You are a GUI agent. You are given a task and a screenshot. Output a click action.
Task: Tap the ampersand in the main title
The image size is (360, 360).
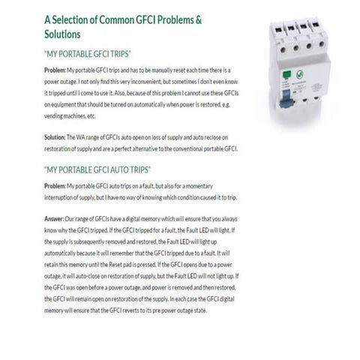pyautogui.click(x=203, y=20)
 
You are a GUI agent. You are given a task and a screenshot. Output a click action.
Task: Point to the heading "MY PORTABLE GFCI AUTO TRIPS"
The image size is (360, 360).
pyautogui.click(x=97, y=170)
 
